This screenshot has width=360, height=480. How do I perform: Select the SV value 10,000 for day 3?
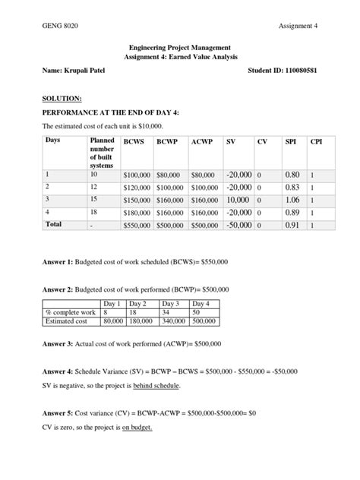pos(239,199)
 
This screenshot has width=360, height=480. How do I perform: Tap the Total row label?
pos(53,225)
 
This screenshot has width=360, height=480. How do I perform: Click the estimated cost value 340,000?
pos(175,321)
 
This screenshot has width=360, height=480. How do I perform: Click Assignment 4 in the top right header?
pos(298,26)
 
